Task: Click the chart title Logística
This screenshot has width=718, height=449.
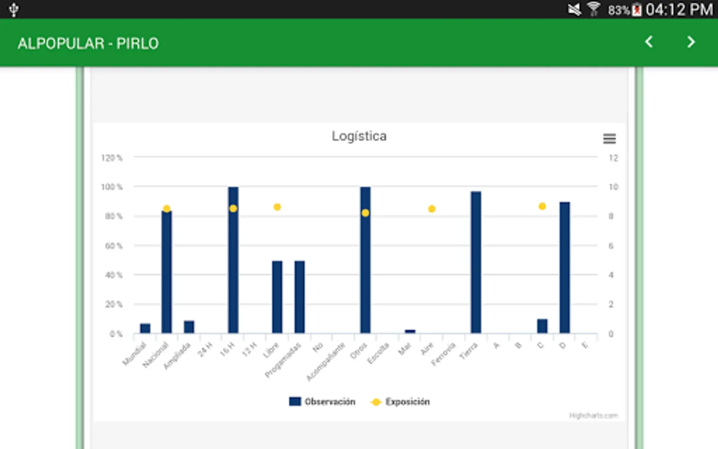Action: click(359, 136)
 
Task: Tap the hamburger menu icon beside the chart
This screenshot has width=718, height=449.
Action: click(609, 139)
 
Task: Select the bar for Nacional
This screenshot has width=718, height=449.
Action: click(167, 272)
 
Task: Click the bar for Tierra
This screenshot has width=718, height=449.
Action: click(476, 262)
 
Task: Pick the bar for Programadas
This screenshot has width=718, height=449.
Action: click(300, 297)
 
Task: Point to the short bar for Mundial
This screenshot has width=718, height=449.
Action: click(145, 328)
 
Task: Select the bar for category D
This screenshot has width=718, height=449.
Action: click(564, 267)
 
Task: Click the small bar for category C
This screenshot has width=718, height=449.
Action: click(542, 326)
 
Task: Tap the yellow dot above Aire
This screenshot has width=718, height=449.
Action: click(432, 209)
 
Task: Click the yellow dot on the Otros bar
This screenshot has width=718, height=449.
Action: click(365, 213)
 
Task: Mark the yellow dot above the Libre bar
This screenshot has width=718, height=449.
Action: click(277, 207)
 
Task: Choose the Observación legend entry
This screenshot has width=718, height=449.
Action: click(323, 402)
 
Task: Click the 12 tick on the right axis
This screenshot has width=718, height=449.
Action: click(613, 158)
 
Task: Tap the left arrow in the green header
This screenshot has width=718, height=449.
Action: click(649, 42)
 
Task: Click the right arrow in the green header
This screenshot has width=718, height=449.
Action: click(691, 42)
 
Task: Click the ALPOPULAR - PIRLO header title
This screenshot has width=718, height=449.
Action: click(88, 43)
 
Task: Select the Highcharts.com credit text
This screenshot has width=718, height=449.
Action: click(593, 416)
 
